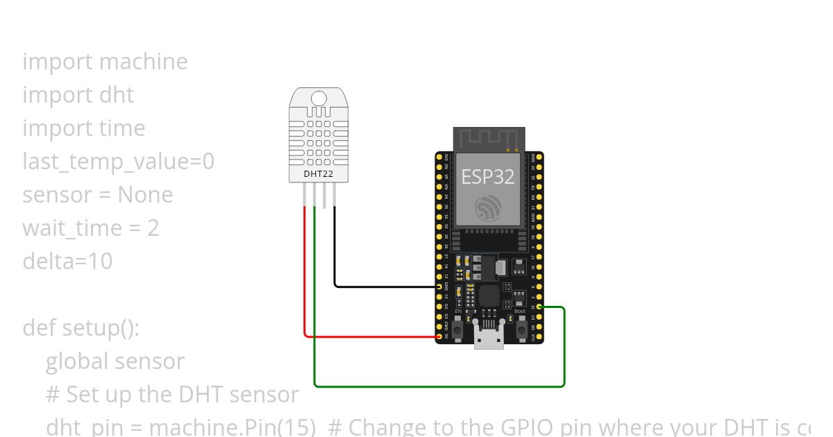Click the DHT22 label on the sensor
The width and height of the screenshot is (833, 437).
tap(319, 174)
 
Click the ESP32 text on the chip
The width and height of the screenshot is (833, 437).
tap(489, 176)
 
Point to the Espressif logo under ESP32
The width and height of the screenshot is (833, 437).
tap(489, 207)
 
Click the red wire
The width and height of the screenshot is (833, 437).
tap(305, 277)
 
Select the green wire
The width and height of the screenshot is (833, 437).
tap(437, 385)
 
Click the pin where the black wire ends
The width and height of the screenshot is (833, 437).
tap(439, 286)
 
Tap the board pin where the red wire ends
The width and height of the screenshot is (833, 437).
tap(439, 336)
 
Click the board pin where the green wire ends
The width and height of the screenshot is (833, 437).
tap(539, 307)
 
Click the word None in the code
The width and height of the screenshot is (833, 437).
tap(145, 195)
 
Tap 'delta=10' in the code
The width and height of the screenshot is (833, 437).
tap(67, 262)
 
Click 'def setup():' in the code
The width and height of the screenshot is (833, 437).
tap(81, 327)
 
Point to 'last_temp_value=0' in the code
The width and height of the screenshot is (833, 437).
tap(118, 162)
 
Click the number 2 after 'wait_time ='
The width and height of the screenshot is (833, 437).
tap(153, 228)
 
